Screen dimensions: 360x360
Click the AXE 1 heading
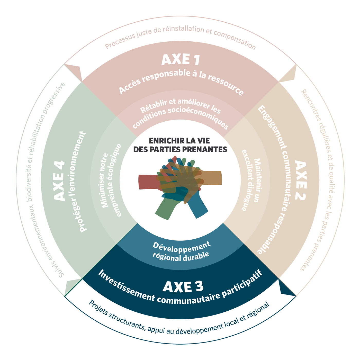pos(181,60)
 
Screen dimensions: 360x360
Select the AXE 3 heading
pos(183,287)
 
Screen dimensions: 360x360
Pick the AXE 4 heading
pos(59,181)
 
